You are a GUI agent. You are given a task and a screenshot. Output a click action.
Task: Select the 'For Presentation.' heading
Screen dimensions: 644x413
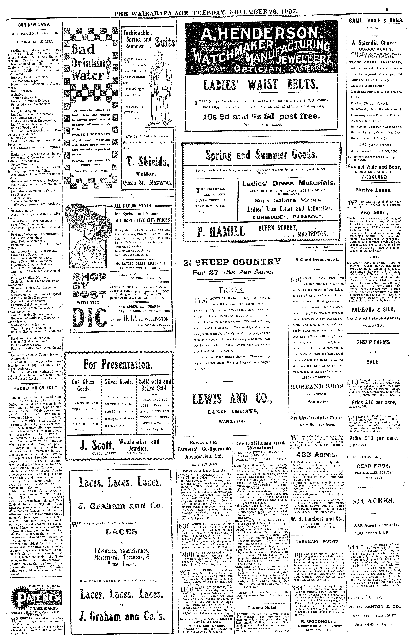click(x=118, y=364)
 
